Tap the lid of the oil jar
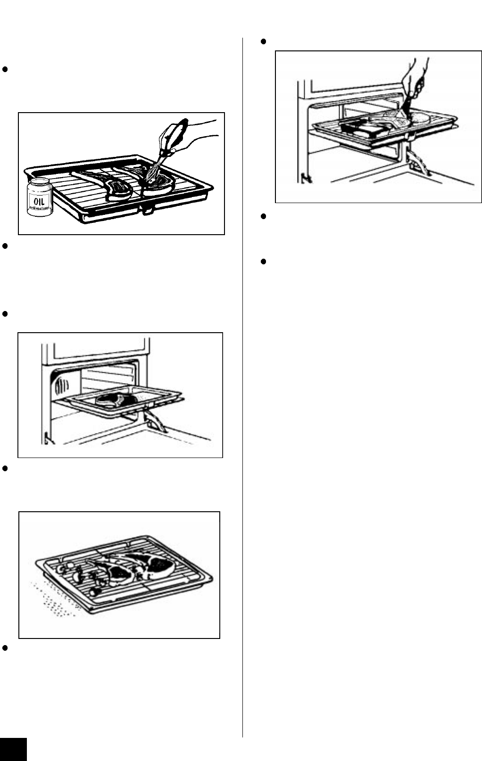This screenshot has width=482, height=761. pyautogui.click(x=40, y=183)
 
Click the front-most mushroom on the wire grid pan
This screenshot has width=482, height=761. pyautogui.click(x=95, y=590)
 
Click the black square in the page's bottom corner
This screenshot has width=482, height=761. pyautogui.click(x=13, y=749)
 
